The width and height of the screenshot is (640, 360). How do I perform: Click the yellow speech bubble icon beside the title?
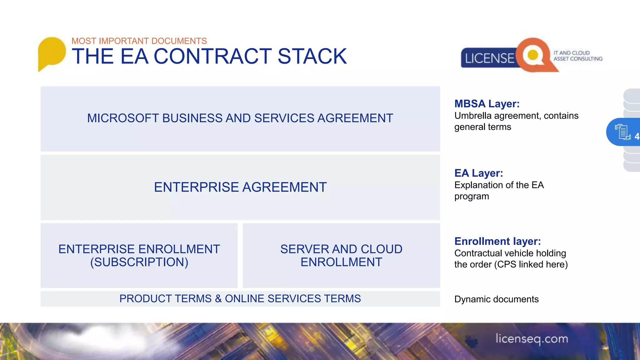[52, 52]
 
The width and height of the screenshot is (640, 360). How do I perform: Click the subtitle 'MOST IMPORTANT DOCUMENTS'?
[139, 41]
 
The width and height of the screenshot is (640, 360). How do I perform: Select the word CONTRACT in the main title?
[212, 57]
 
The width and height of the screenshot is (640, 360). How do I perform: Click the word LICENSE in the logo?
[489, 58]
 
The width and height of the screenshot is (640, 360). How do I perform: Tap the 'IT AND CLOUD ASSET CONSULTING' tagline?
[578, 56]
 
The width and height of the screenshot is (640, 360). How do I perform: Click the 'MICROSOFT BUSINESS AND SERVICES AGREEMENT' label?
[240, 118]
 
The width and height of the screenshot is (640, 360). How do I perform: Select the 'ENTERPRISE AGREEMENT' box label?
[240, 187]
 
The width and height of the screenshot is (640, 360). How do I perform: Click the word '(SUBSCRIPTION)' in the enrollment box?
[139, 262]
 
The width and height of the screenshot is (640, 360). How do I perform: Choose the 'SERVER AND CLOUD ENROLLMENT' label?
[341, 255]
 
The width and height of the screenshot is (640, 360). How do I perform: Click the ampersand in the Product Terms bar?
[218, 299]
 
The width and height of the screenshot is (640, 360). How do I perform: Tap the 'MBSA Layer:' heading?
[487, 104]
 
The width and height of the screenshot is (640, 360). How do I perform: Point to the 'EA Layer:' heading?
[478, 173]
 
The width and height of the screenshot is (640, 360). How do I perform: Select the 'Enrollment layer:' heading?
[497, 241]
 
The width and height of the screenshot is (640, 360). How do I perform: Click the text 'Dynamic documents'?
[496, 299]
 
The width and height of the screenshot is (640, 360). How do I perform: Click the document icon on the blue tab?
[622, 132]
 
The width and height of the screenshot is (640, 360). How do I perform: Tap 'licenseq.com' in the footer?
[532, 339]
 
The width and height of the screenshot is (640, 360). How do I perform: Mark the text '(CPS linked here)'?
[531, 265]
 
